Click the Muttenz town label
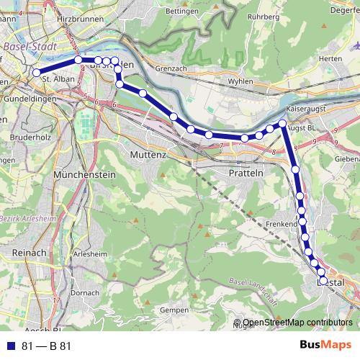click(x=148, y=155)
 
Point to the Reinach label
click(x=28, y=253)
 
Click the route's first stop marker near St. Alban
click(x=36, y=72)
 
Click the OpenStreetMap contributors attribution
click(x=297, y=322)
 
